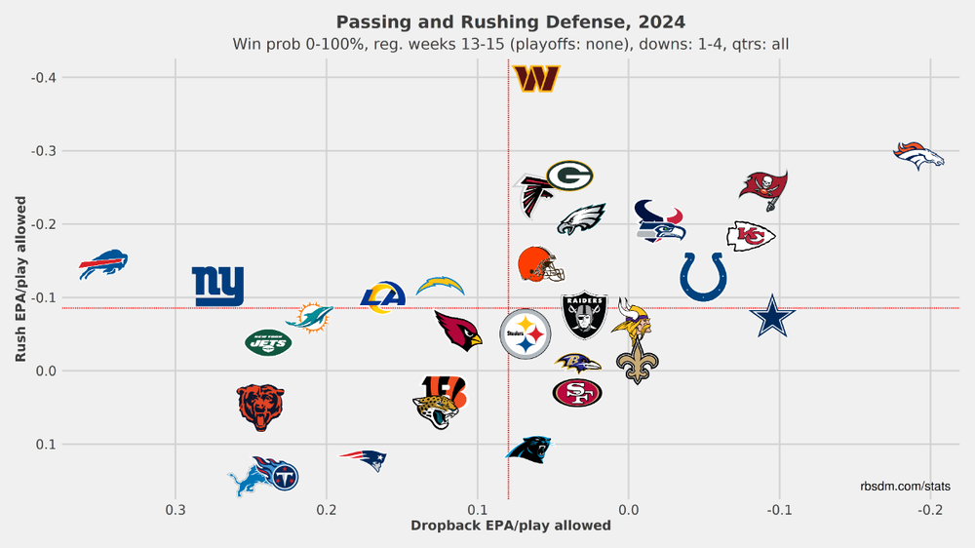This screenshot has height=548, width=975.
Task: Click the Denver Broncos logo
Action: point(919,155)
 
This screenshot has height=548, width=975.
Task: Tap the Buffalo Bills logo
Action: point(103,263)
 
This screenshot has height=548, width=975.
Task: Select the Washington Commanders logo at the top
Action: point(536,79)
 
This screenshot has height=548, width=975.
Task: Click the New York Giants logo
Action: point(218,286)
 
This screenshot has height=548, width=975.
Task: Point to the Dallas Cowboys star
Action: point(773,318)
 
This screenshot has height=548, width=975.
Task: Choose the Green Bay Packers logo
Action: point(569,176)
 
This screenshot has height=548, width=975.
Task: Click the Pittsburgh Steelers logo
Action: point(526,333)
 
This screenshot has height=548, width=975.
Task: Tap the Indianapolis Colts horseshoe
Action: point(703,276)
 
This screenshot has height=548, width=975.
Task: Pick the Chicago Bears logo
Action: point(261,408)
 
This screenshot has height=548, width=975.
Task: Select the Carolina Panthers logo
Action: point(529,449)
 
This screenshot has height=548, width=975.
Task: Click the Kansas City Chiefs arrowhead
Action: point(751,235)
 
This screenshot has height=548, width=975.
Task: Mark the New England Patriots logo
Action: point(363,459)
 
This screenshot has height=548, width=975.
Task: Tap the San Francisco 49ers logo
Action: point(577,393)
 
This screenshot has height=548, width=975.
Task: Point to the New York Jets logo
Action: point(267,342)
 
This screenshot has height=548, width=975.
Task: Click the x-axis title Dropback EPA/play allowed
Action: point(510,526)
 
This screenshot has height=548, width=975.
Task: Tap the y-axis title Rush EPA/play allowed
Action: point(20,278)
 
